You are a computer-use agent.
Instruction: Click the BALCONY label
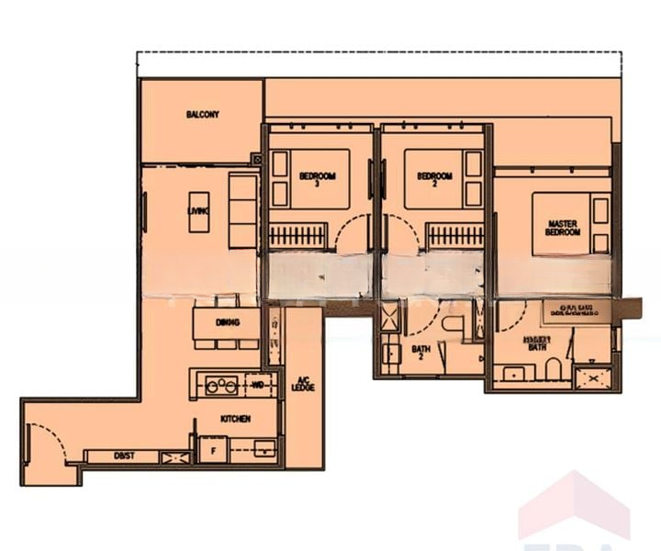click(202, 115)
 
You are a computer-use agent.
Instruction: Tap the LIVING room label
click(196, 212)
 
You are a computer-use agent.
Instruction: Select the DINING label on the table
click(228, 322)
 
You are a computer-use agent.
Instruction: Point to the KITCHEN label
click(236, 419)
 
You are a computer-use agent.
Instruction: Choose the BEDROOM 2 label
click(434, 178)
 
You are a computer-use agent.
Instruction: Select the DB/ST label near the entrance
click(123, 456)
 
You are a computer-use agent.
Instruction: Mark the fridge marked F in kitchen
click(212, 452)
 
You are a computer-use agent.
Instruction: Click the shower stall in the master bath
click(592, 377)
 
